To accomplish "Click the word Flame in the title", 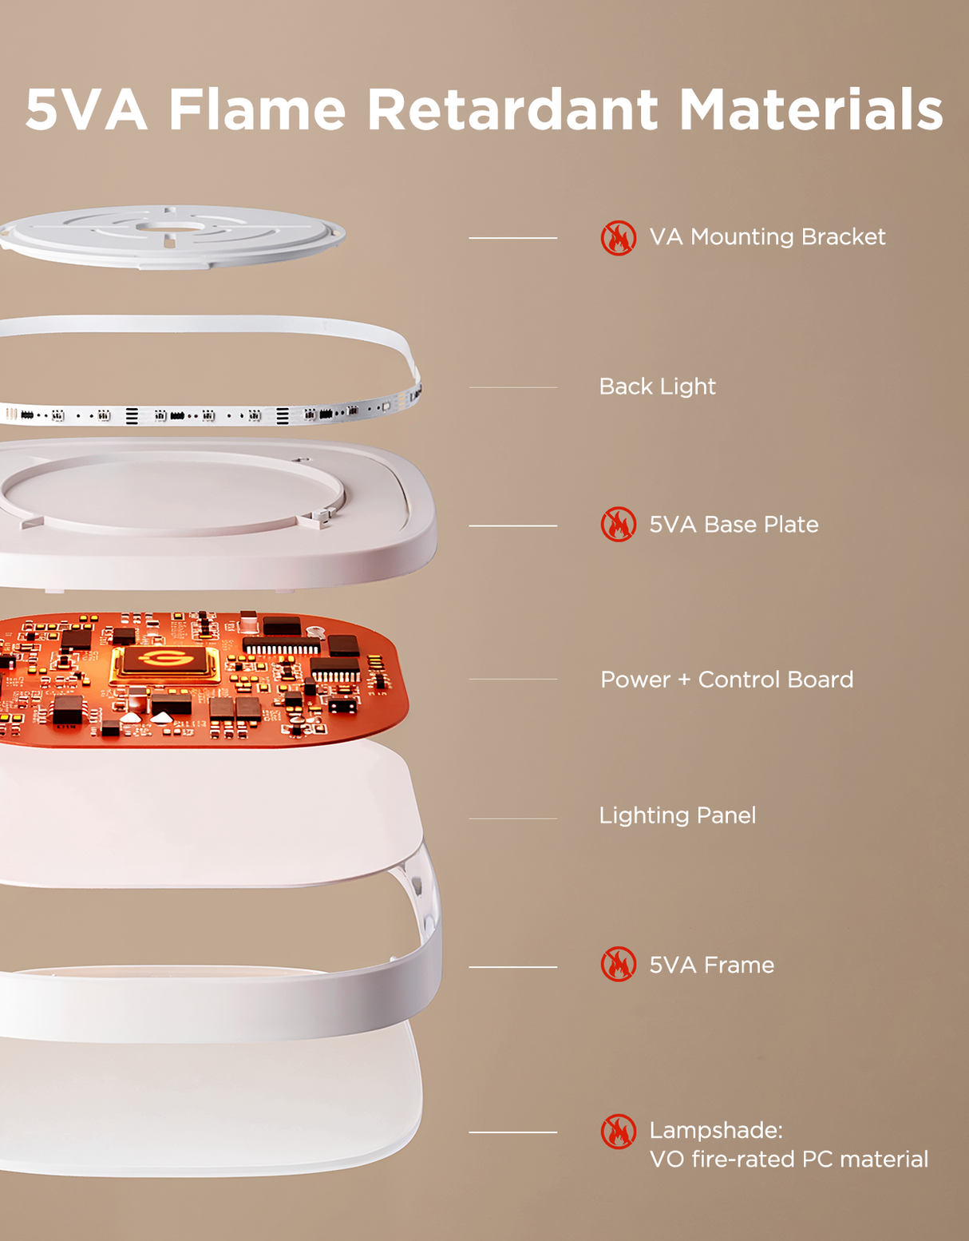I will (x=257, y=109).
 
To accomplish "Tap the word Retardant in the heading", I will (x=512, y=109).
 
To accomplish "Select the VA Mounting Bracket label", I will (x=767, y=237).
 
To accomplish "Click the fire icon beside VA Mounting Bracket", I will (x=619, y=238).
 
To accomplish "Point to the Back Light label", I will (x=657, y=387).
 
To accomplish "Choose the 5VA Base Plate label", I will (x=734, y=525).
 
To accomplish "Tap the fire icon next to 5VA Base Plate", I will (x=619, y=525).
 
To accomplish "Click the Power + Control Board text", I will (x=726, y=680).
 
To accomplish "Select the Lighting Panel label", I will (x=677, y=815).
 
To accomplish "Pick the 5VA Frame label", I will (x=711, y=965).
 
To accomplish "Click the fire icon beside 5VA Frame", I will (x=619, y=965).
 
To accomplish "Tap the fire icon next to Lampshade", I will (x=619, y=1132).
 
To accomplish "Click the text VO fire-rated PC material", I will (x=789, y=1160).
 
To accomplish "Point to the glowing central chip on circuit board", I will (x=164, y=662).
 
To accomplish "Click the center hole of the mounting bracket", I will (x=169, y=228).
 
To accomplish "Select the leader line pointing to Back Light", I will (x=512, y=387).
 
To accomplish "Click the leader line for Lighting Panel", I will (x=512, y=819).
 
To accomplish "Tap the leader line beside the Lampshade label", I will (x=512, y=1132).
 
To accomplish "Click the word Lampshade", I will (x=715, y=1131).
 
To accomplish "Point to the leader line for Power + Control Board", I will (x=512, y=680).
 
